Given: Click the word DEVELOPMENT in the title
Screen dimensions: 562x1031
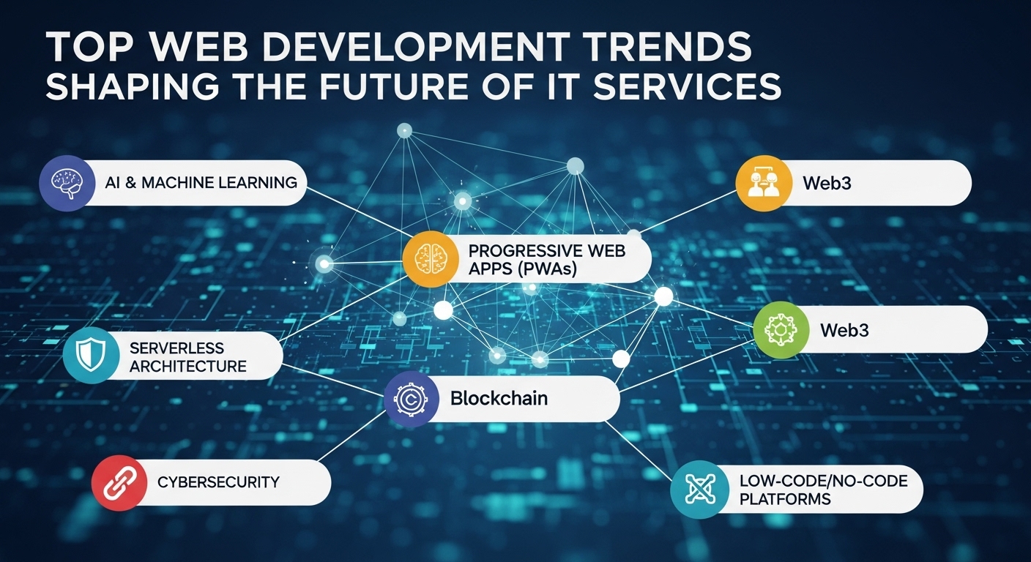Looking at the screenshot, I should (x=381, y=48).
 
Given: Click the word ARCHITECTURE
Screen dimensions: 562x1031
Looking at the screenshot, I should (x=188, y=366).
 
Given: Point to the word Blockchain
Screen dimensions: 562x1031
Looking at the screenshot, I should (x=499, y=399).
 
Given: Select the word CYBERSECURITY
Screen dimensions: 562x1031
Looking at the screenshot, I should (x=218, y=482).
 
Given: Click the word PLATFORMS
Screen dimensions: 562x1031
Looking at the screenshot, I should (x=786, y=499).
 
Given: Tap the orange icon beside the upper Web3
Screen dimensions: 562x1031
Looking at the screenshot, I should (x=764, y=182).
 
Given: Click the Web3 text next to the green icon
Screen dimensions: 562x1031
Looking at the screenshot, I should (x=844, y=330).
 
